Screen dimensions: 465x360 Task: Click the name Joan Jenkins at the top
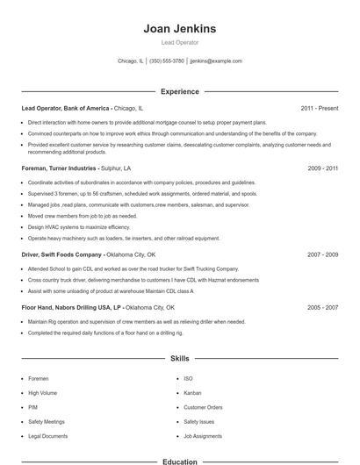(x=180, y=29)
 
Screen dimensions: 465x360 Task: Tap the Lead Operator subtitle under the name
(x=180, y=42)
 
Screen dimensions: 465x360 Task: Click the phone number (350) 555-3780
(x=167, y=61)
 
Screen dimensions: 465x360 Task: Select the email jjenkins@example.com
(x=216, y=61)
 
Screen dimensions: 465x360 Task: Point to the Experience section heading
(x=180, y=91)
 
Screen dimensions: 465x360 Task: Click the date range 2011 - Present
(x=319, y=108)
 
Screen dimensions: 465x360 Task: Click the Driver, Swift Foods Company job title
(x=61, y=254)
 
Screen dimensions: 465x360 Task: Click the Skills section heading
(x=180, y=358)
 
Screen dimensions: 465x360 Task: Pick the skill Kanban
(x=192, y=392)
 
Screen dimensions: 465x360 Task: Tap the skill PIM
(x=33, y=407)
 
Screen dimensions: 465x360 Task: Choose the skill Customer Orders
(x=203, y=407)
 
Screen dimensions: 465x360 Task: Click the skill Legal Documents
(x=47, y=436)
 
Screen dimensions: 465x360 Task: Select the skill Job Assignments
(x=203, y=436)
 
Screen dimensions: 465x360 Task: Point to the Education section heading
(x=180, y=461)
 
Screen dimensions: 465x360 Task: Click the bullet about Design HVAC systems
(x=71, y=226)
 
